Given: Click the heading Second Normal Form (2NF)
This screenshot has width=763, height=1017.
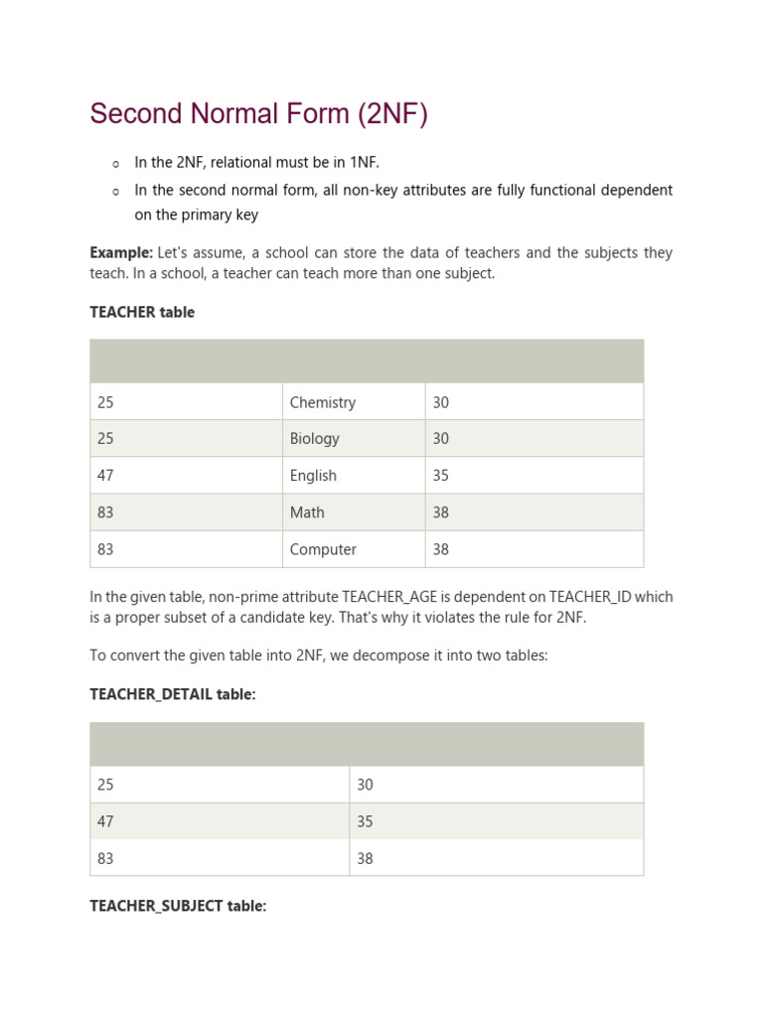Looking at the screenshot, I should (x=258, y=114).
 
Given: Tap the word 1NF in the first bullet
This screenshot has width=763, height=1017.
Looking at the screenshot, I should (x=361, y=162).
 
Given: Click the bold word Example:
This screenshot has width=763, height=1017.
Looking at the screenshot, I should (x=121, y=253).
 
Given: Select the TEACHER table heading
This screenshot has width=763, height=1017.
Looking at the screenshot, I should (x=142, y=312).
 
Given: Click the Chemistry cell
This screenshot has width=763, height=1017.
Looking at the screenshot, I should (x=322, y=402).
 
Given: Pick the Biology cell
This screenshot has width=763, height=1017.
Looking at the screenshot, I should (x=314, y=439).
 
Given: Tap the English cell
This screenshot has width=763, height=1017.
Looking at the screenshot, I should (x=313, y=476).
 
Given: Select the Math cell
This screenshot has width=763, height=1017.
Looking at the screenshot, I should (x=307, y=512).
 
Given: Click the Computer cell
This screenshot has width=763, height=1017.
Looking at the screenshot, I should (x=323, y=549).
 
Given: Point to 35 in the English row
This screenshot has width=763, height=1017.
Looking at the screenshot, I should (x=441, y=476).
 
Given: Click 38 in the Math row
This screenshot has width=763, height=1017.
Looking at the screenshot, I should (x=441, y=512).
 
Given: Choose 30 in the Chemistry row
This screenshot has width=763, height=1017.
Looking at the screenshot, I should (x=441, y=402).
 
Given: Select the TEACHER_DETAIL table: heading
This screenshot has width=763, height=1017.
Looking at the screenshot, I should (x=173, y=694).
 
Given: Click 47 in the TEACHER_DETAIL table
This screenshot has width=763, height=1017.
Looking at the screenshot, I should (x=105, y=821).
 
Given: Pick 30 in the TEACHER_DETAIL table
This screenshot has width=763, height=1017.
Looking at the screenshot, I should (x=365, y=785).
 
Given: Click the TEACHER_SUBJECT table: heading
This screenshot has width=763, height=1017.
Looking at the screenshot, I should (x=178, y=906).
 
